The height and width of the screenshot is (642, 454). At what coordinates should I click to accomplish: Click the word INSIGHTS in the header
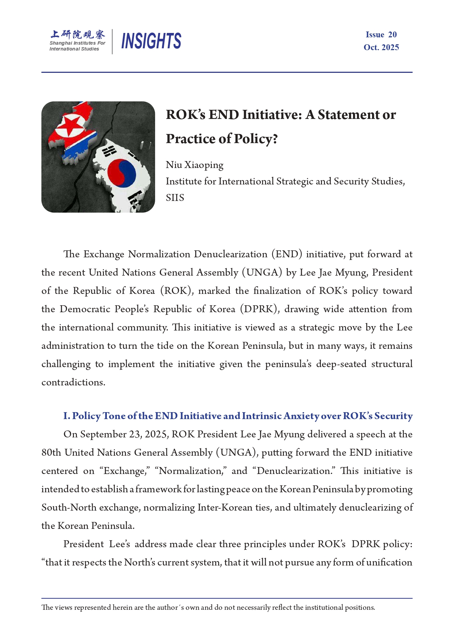pos(151,41)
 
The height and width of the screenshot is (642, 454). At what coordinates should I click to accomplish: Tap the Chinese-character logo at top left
pos(78,34)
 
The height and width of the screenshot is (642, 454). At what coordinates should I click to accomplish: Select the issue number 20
pos(392,34)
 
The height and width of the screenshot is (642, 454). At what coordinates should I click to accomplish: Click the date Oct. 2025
pos(381,47)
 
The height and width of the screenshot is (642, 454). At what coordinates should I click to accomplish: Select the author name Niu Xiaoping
pos(194,165)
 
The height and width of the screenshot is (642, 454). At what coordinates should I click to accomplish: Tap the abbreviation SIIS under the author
pos(175,198)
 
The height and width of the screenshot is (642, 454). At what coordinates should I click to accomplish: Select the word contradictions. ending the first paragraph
pos(73,382)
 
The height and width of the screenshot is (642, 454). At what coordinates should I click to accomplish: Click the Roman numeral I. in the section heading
pos(67,416)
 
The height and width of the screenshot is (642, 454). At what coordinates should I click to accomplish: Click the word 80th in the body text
pos(51,453)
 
